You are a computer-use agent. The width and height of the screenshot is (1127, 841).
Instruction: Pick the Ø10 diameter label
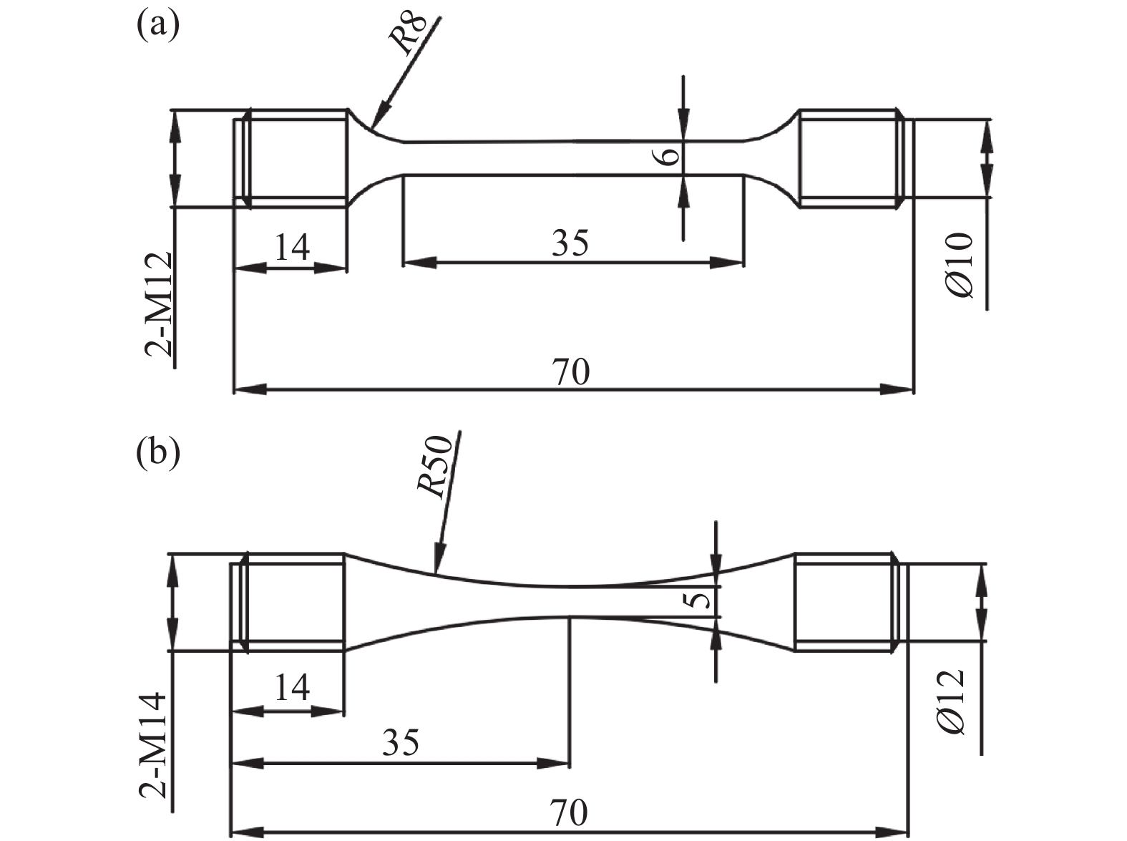[x=960, y=266]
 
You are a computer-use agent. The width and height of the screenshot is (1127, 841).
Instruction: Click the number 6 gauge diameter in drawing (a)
[x=668, y=154]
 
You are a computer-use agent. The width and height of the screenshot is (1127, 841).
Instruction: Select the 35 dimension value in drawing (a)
[x=570, y=243]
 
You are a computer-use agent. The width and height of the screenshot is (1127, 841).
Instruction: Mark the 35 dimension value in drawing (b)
[x=400, y=743]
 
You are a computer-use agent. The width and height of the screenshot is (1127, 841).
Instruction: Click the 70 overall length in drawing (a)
[x=570, y=372]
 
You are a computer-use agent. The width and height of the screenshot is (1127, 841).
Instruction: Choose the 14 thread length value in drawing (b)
[x=292, y=688]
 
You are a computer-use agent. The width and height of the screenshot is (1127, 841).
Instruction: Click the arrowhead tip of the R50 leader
[x=436, y=573]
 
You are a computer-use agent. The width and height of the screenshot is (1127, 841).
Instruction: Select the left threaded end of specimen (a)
[x=293, y=158]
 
